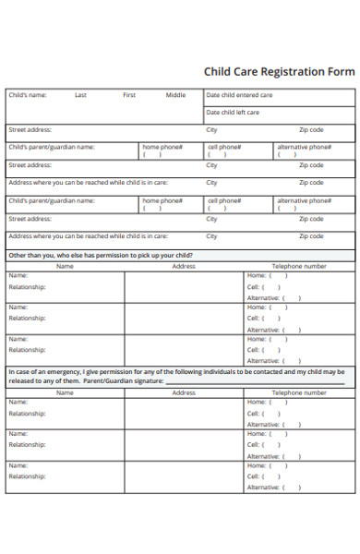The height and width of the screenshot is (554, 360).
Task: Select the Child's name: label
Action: click(x=28, y=95)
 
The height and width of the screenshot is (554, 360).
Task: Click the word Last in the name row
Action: click(x=81, y=95)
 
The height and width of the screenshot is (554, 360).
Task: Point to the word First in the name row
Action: click(x=129, y=95)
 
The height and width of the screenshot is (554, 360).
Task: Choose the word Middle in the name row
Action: click(x=175, y=95)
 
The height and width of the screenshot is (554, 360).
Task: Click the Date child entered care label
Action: click(x=239, y=95)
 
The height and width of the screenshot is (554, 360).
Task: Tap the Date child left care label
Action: click(x=233, y=113)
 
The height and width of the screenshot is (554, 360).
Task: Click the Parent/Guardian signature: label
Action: click(x=124, y=380)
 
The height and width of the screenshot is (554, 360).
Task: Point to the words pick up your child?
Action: click(x=166, y=254)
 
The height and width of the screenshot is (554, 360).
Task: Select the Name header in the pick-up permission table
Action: click(x=65, y=266)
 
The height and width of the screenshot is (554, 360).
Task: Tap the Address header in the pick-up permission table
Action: click(x=184, y=266)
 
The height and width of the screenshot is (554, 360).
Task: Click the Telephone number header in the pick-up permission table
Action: click(x=298, y=266)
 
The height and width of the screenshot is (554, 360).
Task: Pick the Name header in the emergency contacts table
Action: click(x=65, y=392)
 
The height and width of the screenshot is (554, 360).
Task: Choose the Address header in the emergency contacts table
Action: click(x=184, y=392)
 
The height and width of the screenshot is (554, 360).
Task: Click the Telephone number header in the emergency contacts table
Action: click(x=298, y=392)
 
